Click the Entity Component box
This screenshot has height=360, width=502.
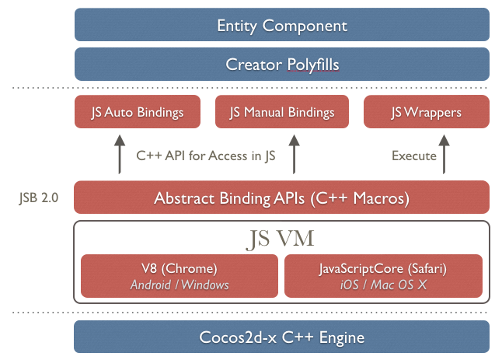(x=281, y=25)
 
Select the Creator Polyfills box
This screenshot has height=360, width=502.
(x=281, y=65)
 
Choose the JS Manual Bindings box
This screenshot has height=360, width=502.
(x=281, y=113)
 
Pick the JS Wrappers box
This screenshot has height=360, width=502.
(x=425, y=113)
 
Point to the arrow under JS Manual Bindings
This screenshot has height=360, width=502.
(x=294, y=154)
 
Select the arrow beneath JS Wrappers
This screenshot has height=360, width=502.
(x=444, y=154)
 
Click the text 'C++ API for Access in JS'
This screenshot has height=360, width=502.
(x=205, y=156)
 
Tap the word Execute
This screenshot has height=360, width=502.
(x=413, y=156)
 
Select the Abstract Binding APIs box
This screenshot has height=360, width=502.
(x=281, y=197)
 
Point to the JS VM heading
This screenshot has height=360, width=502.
(x=281, y=239)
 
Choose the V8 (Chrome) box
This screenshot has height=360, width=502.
(x=180, y=276)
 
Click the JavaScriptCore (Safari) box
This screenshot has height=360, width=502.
(x=382, y=276)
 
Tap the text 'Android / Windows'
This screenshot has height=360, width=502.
(x=180, y=285)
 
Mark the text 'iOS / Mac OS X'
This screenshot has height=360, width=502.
(x=382, y=285)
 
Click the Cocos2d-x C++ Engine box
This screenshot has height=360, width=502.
(x=281, y=337)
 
